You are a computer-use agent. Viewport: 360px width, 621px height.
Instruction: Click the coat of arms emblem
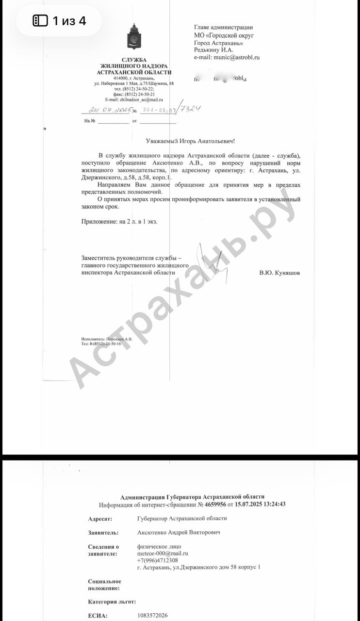click(x=134, y=37)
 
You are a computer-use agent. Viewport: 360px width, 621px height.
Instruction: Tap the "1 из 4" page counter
click(x=60, y=21)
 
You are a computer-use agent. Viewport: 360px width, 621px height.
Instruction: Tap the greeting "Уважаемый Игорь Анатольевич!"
click(x=190, y=141)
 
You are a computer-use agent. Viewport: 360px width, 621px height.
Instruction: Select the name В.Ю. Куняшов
click(x=279, y=273)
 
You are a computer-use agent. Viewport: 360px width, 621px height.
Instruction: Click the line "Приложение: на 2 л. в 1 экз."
click(x=119, y=221)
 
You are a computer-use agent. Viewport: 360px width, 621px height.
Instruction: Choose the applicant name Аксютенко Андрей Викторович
click(x=179, y=533)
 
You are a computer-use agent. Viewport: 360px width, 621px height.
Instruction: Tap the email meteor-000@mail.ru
click(x=163, y=554)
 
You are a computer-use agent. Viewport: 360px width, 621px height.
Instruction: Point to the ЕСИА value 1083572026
click(x=152, y=616)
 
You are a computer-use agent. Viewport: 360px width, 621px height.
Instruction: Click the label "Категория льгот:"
click(x=112, y=602)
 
